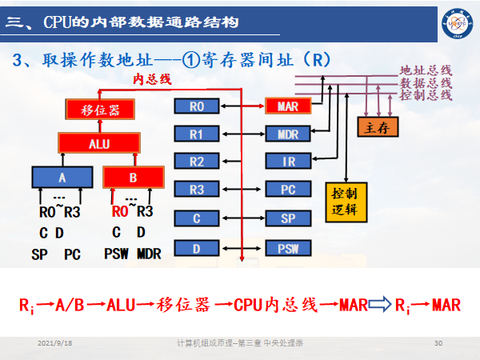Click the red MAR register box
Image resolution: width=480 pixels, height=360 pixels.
tap(287, 106)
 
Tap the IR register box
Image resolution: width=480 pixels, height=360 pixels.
tap(287, 162)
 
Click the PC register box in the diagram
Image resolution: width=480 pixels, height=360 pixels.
tap(287, 190)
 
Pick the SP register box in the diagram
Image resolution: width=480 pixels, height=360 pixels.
tap(287, 218)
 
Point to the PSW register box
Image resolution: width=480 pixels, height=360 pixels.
tap(287, 248)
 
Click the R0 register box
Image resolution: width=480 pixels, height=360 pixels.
tap(198, 106)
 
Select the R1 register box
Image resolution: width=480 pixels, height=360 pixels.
tap(198, 134)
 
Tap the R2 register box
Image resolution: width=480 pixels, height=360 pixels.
tap(198, 162)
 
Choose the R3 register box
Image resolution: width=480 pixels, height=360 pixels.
tap(198, 190)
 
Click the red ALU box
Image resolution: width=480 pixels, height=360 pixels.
tap(99, 143)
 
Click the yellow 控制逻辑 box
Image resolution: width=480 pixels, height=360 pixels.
tap(346, 204)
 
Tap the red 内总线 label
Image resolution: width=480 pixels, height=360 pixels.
tap(152, 78)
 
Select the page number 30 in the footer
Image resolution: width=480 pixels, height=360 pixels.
tap(438, 343)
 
